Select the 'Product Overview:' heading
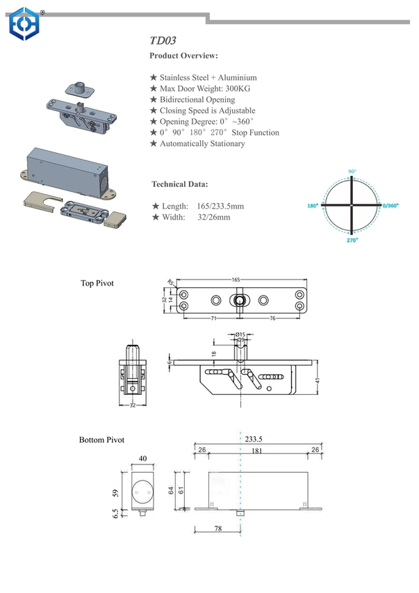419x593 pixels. click(184, 56)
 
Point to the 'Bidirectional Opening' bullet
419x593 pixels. click(197, 100)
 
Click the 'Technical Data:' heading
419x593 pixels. click(179, 185)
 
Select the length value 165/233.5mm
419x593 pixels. click(220, 206)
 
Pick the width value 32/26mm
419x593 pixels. click(214, 218)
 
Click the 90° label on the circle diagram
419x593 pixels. click(352, 170)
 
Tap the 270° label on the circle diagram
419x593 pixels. click(352, 240)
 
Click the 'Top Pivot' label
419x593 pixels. click(97, 284)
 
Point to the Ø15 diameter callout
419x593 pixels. click(240, 335)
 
